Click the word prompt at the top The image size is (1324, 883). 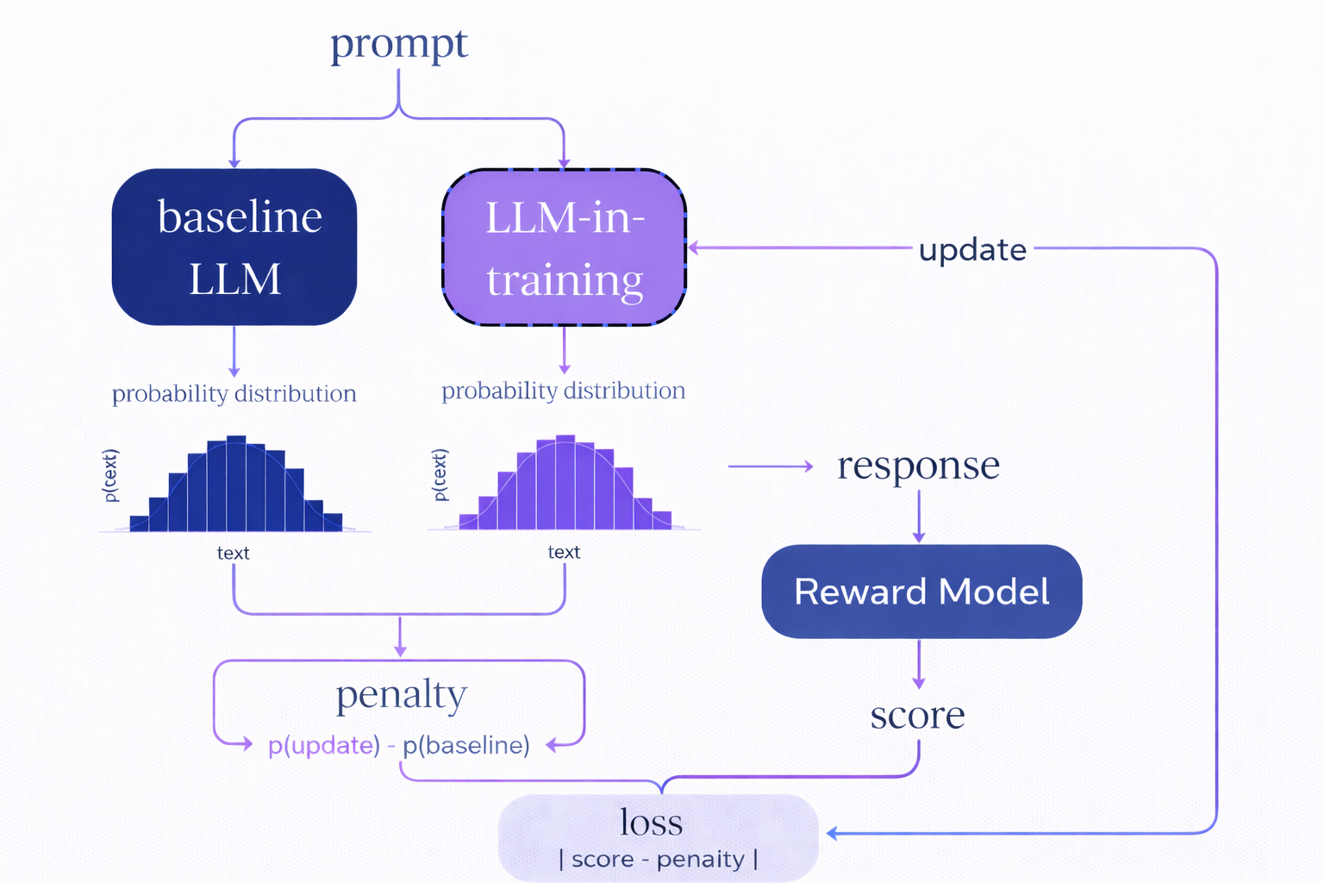(399, 44)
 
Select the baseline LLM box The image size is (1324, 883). (234, 247)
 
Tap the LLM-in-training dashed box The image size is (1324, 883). (565, 247)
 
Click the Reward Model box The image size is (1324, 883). (921, 592)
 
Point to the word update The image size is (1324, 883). (972, 250)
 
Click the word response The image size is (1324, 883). (918, 467)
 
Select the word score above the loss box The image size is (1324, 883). (917, 715)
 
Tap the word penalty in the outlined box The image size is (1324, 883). (401, 695)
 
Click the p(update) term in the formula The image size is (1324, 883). (324, 745)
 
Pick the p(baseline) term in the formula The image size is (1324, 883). (466, 745)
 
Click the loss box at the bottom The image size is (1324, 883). (659, 837)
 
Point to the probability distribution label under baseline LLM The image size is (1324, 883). (234, 394)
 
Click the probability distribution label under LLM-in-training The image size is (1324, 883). (564, 391)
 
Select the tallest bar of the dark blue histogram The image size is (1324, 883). (236, 484)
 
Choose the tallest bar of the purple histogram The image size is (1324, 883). (565, 482)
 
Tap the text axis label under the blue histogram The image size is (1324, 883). (233, 554)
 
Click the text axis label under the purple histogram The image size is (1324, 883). (564, 553)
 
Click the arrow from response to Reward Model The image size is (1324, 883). (919, 517)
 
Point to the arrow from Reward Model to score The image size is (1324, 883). (919, 664)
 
